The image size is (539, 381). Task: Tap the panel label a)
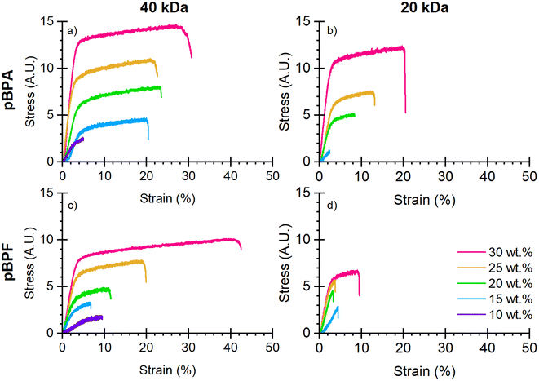point(73,33)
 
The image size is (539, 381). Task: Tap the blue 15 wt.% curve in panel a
point(122,121)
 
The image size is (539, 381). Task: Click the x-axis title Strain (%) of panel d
point(422,371)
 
